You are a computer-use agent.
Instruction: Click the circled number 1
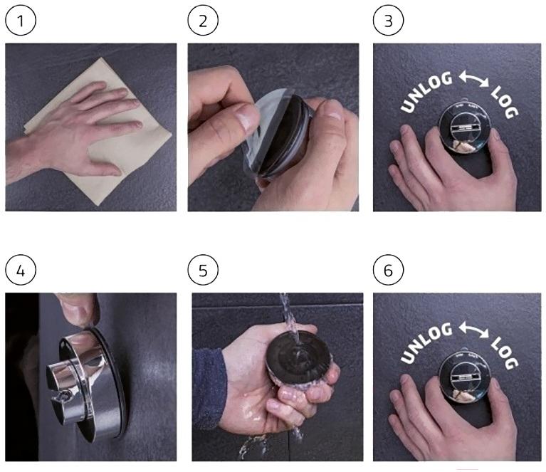coord(21,21)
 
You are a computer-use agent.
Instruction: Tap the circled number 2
coord(203,21)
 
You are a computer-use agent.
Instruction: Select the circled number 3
coord(388,21)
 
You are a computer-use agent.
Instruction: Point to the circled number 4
coord(21,270)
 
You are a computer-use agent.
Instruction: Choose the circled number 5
coord(203,270)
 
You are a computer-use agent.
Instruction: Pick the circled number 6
coord(388,270)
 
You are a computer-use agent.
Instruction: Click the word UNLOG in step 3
coord(426,92)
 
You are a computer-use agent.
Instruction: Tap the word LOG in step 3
coord(505,103)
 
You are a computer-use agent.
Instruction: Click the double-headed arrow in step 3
coord(474,79)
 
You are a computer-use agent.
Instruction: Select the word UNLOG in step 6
coord(426,343)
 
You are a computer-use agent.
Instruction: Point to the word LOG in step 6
coord(505,354)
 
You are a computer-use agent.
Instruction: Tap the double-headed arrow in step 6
coord(474,330)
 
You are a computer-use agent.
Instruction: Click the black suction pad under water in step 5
coord(298,358)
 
